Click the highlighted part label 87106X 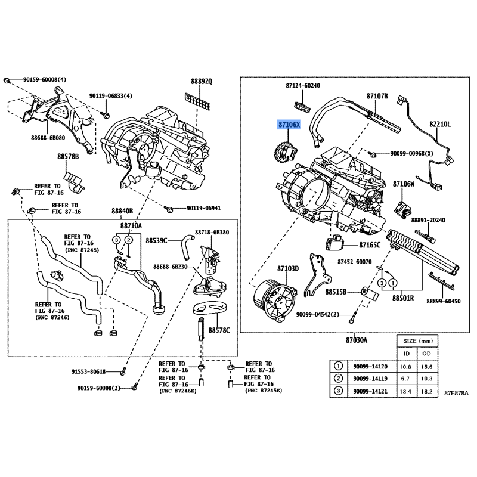[x=289, y=125]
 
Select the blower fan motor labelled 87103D [x=273, y=301]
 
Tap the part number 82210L [x=440, y=125]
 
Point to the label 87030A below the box [x=356, y=340]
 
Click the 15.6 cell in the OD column [x=426, y=367]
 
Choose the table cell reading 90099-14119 [x=370, y=379]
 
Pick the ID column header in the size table [x=407, y=354]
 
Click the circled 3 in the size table [x=338, y=391]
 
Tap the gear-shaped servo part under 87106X [x=284, y=151]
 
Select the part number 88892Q [x=202, y=82]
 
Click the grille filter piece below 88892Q [x=197, y=101]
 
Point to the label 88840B [x=122, y=211]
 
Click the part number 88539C [x=156, y=241]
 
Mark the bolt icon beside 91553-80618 [x=123, y=371]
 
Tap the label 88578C [x=219, y=330]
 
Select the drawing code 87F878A [x=456, y=393]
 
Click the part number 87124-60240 [x=303, y=86]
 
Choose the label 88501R [x=403, y=298]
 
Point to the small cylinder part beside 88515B [x=370, y=293]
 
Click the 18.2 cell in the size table [x=426, y=391]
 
